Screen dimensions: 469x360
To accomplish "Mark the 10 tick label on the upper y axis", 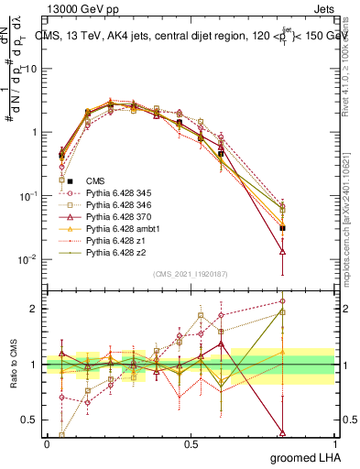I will point(30,69).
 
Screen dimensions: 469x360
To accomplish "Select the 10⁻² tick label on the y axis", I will point(27,259).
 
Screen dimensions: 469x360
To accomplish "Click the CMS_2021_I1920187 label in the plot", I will point(190,275).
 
